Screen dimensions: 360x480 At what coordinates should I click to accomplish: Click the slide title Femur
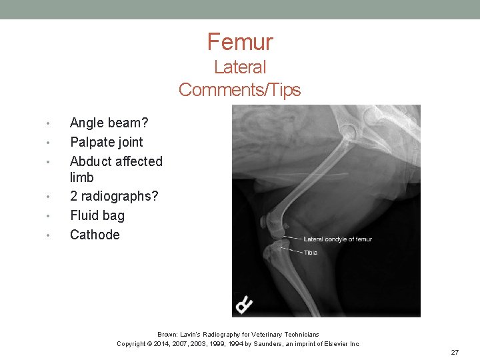(x=240, y=42)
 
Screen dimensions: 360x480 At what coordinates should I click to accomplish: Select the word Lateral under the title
(x=240, y=67)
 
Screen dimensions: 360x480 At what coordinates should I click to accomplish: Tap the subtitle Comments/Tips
(x=240, y=89)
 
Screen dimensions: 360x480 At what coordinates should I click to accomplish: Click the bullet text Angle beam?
(x=109, y=123)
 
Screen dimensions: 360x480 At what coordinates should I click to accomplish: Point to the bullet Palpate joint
(x=106, y=142)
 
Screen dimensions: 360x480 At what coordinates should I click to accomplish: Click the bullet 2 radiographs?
(x=114, y=196)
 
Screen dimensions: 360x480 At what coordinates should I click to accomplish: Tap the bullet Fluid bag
(x=97, y=215)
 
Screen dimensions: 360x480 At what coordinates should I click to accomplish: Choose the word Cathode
(x=95, y=235)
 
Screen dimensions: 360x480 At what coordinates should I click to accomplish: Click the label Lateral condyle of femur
(x=337, y=239)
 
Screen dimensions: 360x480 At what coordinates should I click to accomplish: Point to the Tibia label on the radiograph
(x=311, y=253)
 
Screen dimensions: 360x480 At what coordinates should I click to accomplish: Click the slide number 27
(x=455, y=352)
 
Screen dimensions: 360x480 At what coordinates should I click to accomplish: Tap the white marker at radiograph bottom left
(x=245, y=304)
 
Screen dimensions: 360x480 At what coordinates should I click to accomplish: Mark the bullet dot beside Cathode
(x=48, y=235)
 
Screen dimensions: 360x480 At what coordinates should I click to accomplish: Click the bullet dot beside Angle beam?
(x=48, y=123)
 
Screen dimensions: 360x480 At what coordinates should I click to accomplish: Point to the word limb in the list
(x=81, y=177)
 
